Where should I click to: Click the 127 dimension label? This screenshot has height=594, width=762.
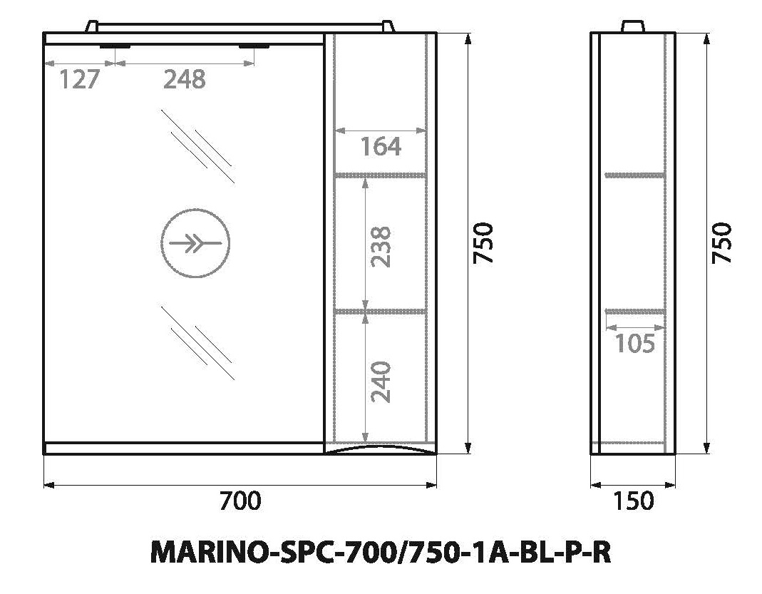click(78, 80)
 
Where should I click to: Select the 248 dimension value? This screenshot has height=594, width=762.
click(185, 80)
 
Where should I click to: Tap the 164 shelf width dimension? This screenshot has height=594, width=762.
click(380, 147)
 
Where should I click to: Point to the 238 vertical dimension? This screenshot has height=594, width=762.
click(383, 246)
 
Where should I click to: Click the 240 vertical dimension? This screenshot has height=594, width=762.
click(383, 382)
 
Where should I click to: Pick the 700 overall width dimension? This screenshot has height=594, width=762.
click(240, 501)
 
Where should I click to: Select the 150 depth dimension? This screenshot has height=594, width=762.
click(633, 501)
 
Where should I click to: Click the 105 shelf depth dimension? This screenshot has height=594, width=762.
click(634, 344)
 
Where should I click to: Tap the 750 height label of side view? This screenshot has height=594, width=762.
click(723, 242)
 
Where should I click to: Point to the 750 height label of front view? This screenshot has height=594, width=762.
click(484, 242)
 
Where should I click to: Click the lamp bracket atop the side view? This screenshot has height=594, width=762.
click(633, 27)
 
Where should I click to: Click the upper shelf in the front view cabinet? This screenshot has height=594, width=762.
click(380, 175)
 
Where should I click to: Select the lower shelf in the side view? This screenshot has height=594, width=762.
click(634, 311)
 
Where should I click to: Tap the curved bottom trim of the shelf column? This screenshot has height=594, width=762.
click(380, 448)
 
